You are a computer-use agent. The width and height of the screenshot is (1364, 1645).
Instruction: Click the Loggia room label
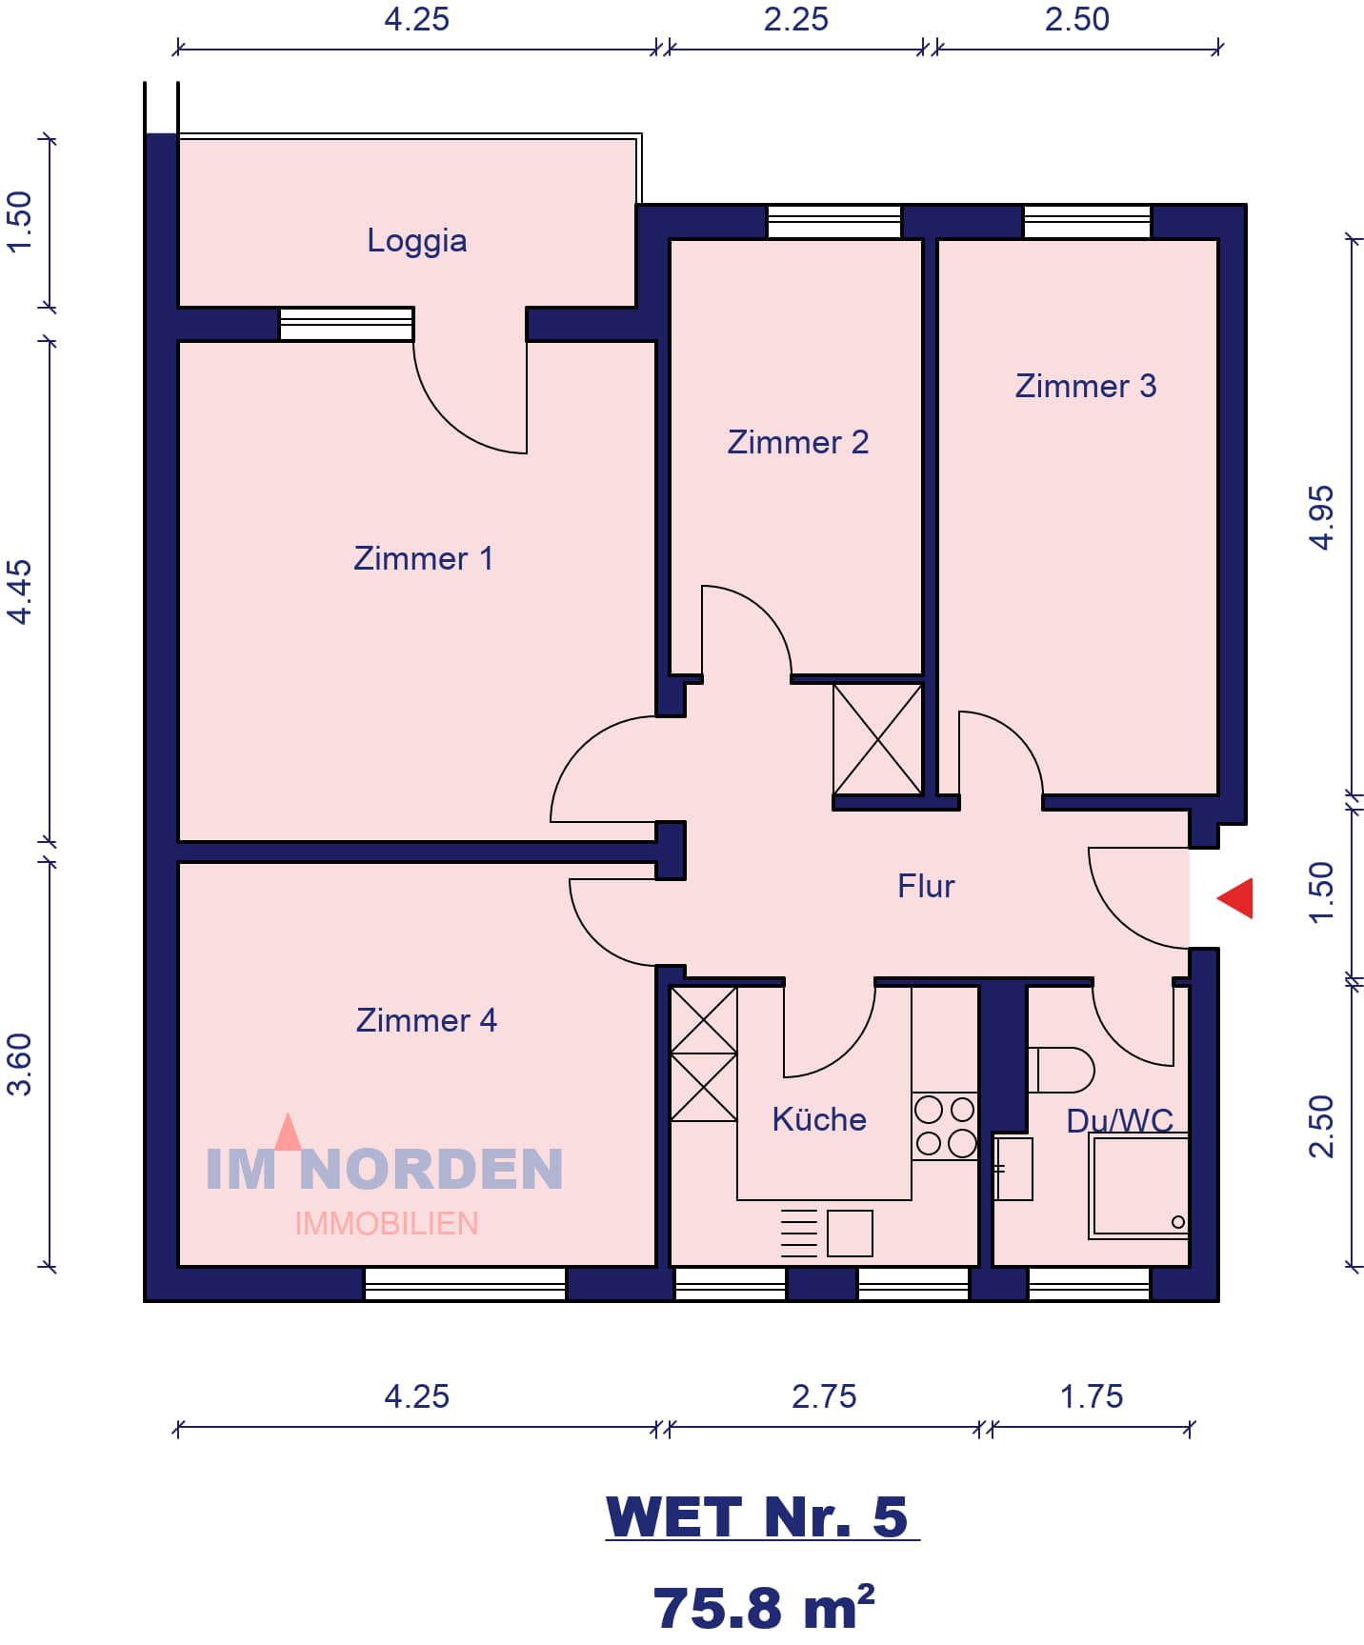(417, 241)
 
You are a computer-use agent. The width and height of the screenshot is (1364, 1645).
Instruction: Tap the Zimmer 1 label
(424, 558)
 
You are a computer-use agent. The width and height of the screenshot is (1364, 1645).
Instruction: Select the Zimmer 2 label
(798, 442)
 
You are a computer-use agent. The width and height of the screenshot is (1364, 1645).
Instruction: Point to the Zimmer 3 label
(1086, 386)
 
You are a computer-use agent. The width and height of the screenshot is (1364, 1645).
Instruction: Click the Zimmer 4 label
(427, 1020)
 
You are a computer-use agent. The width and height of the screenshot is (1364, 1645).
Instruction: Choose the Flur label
(926, 886)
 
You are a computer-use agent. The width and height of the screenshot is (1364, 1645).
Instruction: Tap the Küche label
(819, 1119)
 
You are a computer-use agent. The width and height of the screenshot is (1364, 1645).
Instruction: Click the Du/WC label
(1120, 1120)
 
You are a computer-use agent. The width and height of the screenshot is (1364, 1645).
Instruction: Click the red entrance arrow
(1235, 898)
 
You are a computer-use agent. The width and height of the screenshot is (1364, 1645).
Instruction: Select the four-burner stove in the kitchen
(945, 1126)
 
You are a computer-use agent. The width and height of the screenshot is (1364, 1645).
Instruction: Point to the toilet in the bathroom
(1061, 1070)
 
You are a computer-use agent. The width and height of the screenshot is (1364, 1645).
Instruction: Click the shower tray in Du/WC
(1139, 1186)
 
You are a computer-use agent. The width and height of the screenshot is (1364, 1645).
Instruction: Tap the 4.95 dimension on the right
(1321, 517)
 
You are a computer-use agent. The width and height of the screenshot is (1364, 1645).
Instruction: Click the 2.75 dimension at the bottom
(824, 1396)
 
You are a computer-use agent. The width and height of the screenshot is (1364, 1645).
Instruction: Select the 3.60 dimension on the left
(19, 1064)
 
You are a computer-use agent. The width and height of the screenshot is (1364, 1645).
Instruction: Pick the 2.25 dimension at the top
(796, 19)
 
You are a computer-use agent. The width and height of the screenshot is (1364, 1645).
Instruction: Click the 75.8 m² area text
(764, 1608)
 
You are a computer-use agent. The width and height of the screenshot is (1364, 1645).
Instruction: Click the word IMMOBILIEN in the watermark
(387, 1224)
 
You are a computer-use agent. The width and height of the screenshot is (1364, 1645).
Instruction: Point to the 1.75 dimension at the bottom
(1092, 1396)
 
